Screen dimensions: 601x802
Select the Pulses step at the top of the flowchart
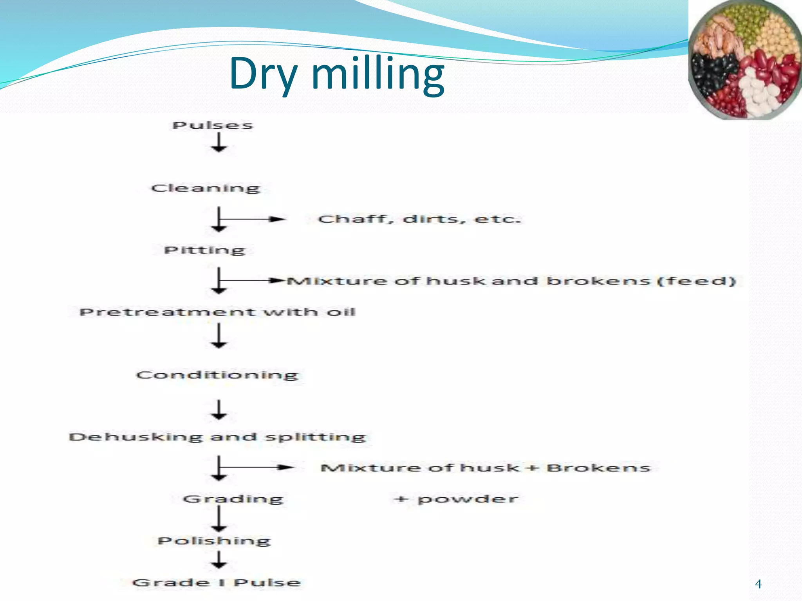coord(213,125)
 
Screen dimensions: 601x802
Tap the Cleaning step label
coord(206,188)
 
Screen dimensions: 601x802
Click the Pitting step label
coord(204,250)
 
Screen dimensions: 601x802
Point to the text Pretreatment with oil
coord(217,312)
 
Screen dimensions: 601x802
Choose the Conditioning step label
coord(217,375)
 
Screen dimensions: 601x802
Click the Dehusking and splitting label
coord(217,437)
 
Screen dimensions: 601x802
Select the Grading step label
coord(233,499)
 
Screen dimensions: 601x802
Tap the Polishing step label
coord(214,541)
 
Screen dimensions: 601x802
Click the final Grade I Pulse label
coord(217,582)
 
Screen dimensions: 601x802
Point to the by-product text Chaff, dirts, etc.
coord(419,219)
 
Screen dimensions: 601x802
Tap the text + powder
coord(456,499)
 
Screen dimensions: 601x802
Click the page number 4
coord(758,584)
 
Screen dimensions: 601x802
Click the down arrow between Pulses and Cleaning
coord(219,142)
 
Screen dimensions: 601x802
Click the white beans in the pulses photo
coord(758,92)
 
